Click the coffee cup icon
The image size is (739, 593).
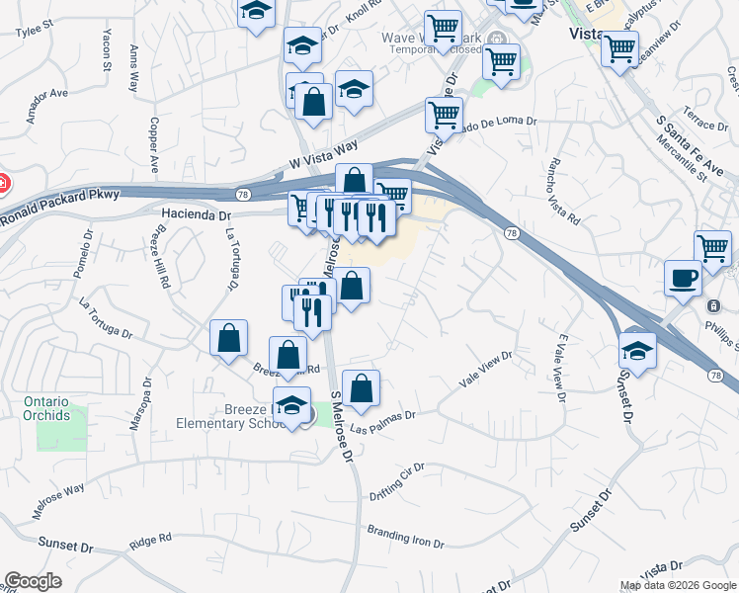pyautogui.click(x=683, y=278)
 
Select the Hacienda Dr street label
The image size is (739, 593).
pyautogui.click(x=196, y=214)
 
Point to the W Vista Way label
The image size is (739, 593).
pyautogui.click(x=323, y=152)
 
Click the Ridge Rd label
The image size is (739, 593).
pyautogui.click(x=150, y=541)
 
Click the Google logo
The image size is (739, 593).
pyautogui.click(x=33, y=580)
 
